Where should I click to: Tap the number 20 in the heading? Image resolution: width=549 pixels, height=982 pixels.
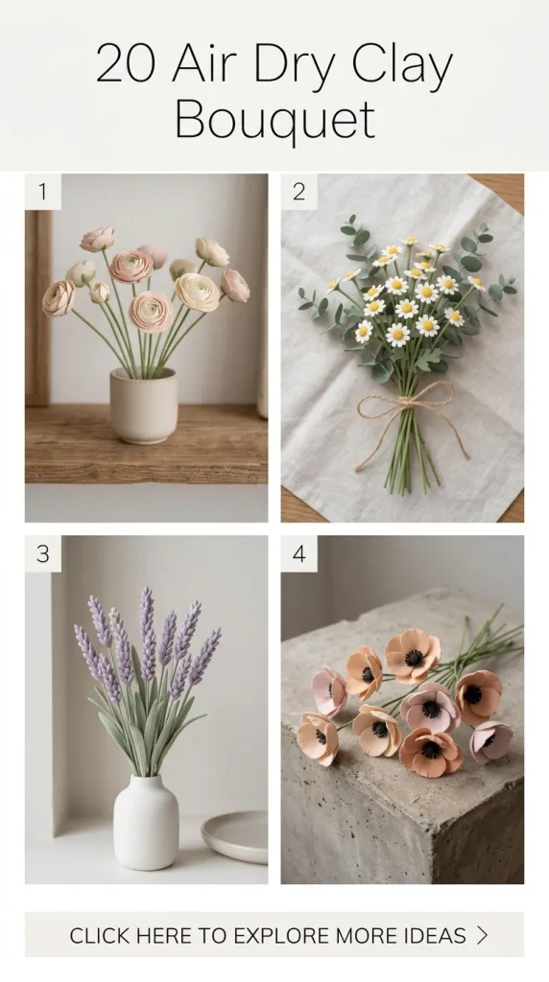click(126, 64)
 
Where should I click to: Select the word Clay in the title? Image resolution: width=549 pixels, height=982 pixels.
click(402, 66)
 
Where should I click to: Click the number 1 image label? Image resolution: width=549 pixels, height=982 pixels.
click(42, 192)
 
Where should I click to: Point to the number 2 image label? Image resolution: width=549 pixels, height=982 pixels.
click(298, 192)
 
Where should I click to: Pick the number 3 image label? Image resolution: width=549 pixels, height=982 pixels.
click(42, 553)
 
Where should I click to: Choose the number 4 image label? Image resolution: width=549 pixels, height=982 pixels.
click(298, 553)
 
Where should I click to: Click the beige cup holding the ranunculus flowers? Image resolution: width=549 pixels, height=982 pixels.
click(144, 406)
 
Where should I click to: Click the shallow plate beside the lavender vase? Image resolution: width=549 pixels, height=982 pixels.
click(235, 836)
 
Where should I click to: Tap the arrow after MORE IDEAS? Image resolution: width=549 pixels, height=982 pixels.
click(482, 935)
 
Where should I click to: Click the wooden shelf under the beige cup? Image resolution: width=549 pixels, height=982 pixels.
click(146, 445)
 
